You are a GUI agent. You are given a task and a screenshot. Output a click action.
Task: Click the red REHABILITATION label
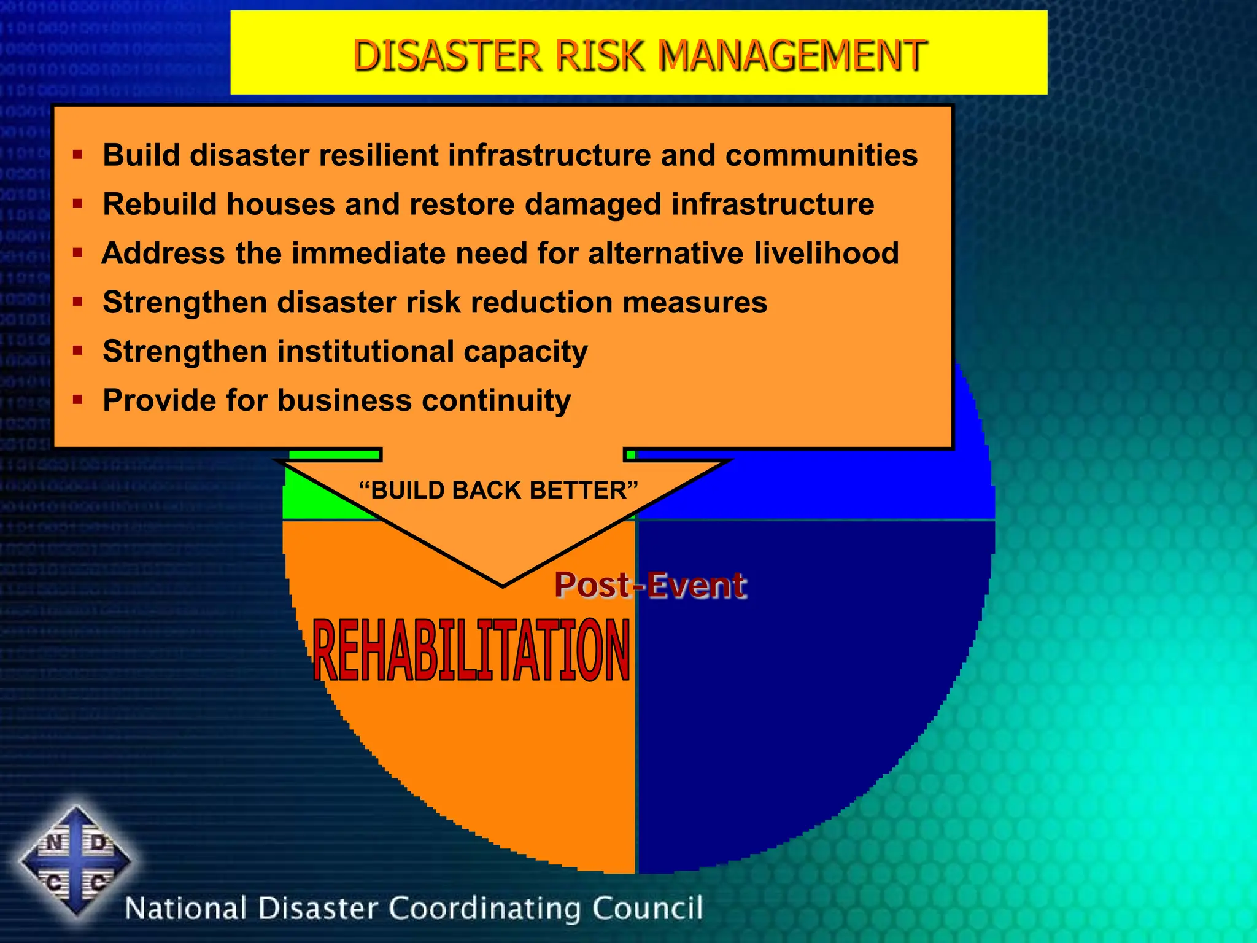tap(471, 651)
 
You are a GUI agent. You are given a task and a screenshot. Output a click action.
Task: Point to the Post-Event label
tap(650, 584)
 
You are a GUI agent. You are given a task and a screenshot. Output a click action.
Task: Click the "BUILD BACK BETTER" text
tap(498, 491)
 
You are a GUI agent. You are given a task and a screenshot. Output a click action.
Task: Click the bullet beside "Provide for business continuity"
tap(77, 400)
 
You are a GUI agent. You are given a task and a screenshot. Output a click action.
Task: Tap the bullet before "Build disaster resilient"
tap(77, 154)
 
